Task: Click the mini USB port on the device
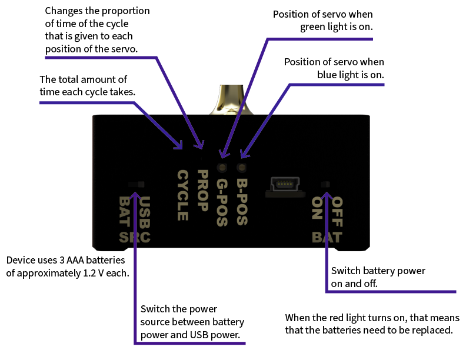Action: tap(285, 187)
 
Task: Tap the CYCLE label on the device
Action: tap(183, 195)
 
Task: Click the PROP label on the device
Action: tap(202, 191)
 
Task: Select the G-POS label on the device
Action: tap(222, 202)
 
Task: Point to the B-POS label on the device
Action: tap(242, 202)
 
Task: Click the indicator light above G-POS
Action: tap(222, 168)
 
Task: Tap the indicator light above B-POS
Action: tap(242, 168)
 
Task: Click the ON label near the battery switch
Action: tap(317, 208)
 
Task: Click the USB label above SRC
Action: tap(145, 213)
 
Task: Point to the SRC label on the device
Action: tap(135, 238)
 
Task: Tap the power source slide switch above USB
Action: tap(137, 185)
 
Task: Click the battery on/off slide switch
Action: tap(325, 185)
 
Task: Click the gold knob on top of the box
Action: tap(231, 100)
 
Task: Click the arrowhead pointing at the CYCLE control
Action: tap(178, 145)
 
